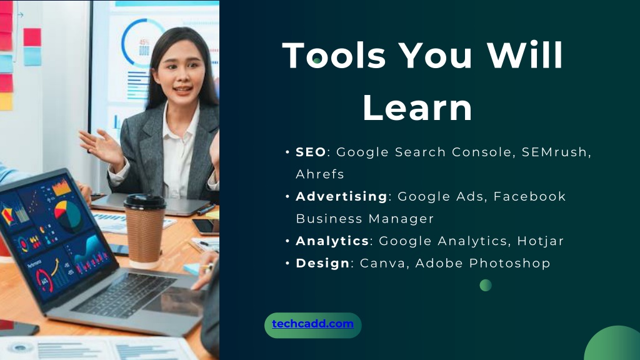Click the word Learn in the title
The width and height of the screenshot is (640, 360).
(x=417, y=107)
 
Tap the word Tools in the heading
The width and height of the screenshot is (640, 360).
(x=334, y=55)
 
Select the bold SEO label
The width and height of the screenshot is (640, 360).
(x=311, y=152)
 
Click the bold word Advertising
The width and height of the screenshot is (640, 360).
(x=342, y=196)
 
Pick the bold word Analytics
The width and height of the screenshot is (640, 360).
(x=332, y=241)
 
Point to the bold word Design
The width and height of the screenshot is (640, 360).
(x=323, y=263)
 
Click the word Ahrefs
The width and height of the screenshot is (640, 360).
(x=320, y=174)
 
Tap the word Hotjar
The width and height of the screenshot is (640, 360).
(x=541, y=241)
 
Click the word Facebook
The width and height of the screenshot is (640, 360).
(x=529, y=196)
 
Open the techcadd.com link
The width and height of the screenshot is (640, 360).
(x=312, y=324)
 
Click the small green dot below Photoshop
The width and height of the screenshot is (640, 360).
(x=485, y=285)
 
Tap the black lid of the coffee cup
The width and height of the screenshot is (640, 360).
(x=145, y=202)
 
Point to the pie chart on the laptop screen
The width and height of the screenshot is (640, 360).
(x=67, y=215)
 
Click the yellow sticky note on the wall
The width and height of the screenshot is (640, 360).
(x=6, y=102)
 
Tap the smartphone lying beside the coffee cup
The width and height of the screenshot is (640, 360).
(x=206, y=227)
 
